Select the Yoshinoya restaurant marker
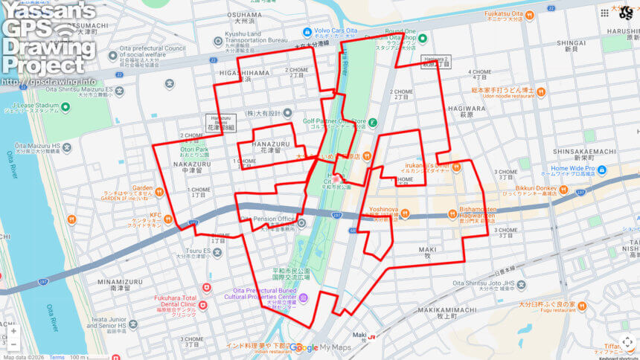tap(406, 214)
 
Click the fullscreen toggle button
tap(627, 342)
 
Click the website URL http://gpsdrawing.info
tap(48, 82)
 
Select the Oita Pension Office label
tap(269, 219)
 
